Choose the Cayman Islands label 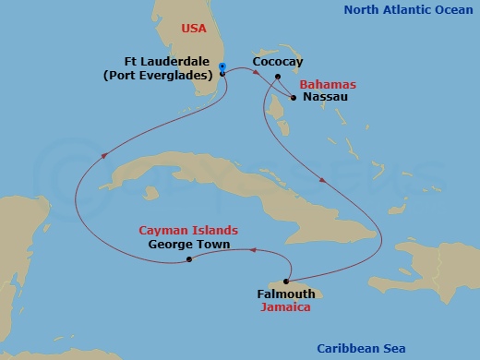click(188, 230)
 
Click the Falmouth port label click(285, 294)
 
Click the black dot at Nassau click(293, 95)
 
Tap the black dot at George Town click(189, 259)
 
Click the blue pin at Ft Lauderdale click(222, 67)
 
